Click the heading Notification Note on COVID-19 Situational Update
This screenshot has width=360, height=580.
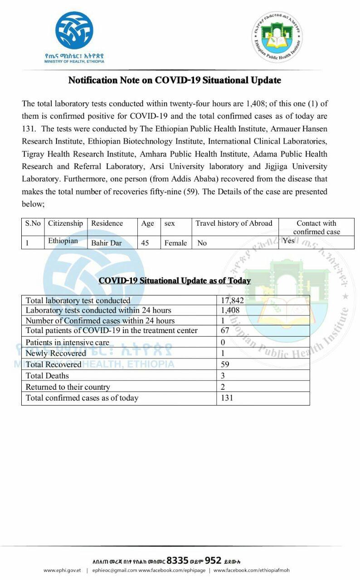(175, 81)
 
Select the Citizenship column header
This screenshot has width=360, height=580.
(66, 223)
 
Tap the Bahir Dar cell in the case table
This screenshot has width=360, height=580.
(107, 243)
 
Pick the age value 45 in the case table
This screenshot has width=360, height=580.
(145, 243)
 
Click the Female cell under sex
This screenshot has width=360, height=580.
(175, 243)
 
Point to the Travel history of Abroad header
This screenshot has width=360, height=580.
(234, 223)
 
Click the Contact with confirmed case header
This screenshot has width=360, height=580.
(316, 227)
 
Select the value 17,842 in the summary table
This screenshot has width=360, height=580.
(231, 300)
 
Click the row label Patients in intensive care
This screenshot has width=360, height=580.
(67, 343)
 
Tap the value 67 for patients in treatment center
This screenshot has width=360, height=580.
(225, 331)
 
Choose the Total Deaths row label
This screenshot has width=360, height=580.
(47, 376)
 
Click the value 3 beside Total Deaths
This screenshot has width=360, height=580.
(223, 376)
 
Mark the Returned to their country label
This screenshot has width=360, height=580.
(68, 387)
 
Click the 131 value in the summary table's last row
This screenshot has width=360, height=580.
(227, 398)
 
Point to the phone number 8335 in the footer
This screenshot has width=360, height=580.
(177, 560)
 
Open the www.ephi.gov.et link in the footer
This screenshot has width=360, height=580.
(62, 570)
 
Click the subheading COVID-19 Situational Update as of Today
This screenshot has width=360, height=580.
(175, 280)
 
